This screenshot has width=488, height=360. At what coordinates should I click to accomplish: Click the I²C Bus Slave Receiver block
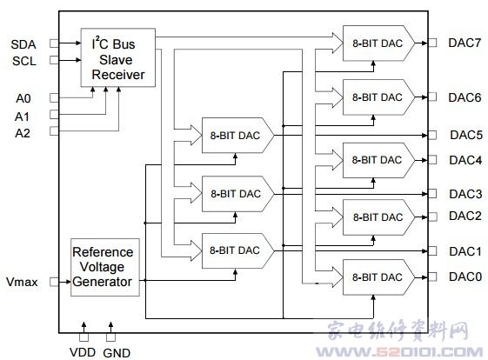coord(118,57)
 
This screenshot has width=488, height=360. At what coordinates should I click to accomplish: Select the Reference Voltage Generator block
coord(105,267)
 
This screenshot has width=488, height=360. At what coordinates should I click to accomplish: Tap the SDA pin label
coord(23,44)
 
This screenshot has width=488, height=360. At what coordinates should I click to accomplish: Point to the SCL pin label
coord(24,61)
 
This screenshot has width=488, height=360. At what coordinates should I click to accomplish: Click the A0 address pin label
coord(23,98)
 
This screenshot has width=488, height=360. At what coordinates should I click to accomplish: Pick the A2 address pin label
coord(23,133)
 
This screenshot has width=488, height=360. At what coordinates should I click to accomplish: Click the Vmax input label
coord(22,282)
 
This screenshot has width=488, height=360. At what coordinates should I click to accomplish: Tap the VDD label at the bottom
coord(83,352)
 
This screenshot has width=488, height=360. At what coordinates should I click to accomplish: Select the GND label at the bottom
coord(117,353)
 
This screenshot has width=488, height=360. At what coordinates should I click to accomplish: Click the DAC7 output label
coord(465,43)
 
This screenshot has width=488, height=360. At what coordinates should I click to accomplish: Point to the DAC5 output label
coord(466,135)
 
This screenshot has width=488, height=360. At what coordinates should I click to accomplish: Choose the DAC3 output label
coord(465,194)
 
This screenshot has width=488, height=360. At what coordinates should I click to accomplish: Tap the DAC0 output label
coord(465,277)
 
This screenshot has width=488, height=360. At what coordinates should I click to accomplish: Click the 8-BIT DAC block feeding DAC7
coord(378,43)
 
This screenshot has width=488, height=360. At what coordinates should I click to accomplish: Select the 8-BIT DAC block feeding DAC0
coord(378,277)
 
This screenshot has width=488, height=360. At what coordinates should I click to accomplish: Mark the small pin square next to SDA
coord(54,43)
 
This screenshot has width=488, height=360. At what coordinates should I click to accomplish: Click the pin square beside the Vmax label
coord(54,282)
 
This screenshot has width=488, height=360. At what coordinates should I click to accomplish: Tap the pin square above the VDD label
coord(84,337)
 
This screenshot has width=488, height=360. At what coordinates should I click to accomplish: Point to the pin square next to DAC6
coord(432,97)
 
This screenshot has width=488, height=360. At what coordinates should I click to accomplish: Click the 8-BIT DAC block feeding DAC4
coord(378,160)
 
